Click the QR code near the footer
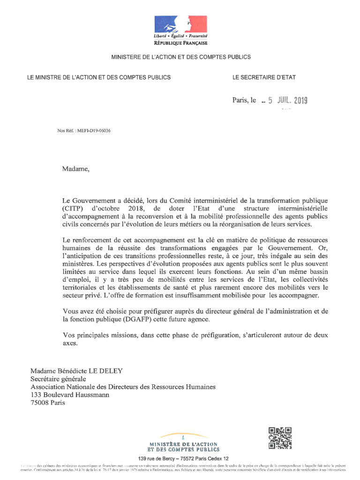coord(279,438)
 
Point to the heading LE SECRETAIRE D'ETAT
coord(264,77)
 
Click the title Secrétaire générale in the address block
coord(58,379)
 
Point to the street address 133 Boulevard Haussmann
coord(70,395)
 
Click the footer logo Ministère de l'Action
coord(184,442)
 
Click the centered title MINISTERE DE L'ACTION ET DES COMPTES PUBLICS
coord(180,57)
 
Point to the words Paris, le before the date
coord(244,100)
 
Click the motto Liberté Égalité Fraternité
coord(180,36)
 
